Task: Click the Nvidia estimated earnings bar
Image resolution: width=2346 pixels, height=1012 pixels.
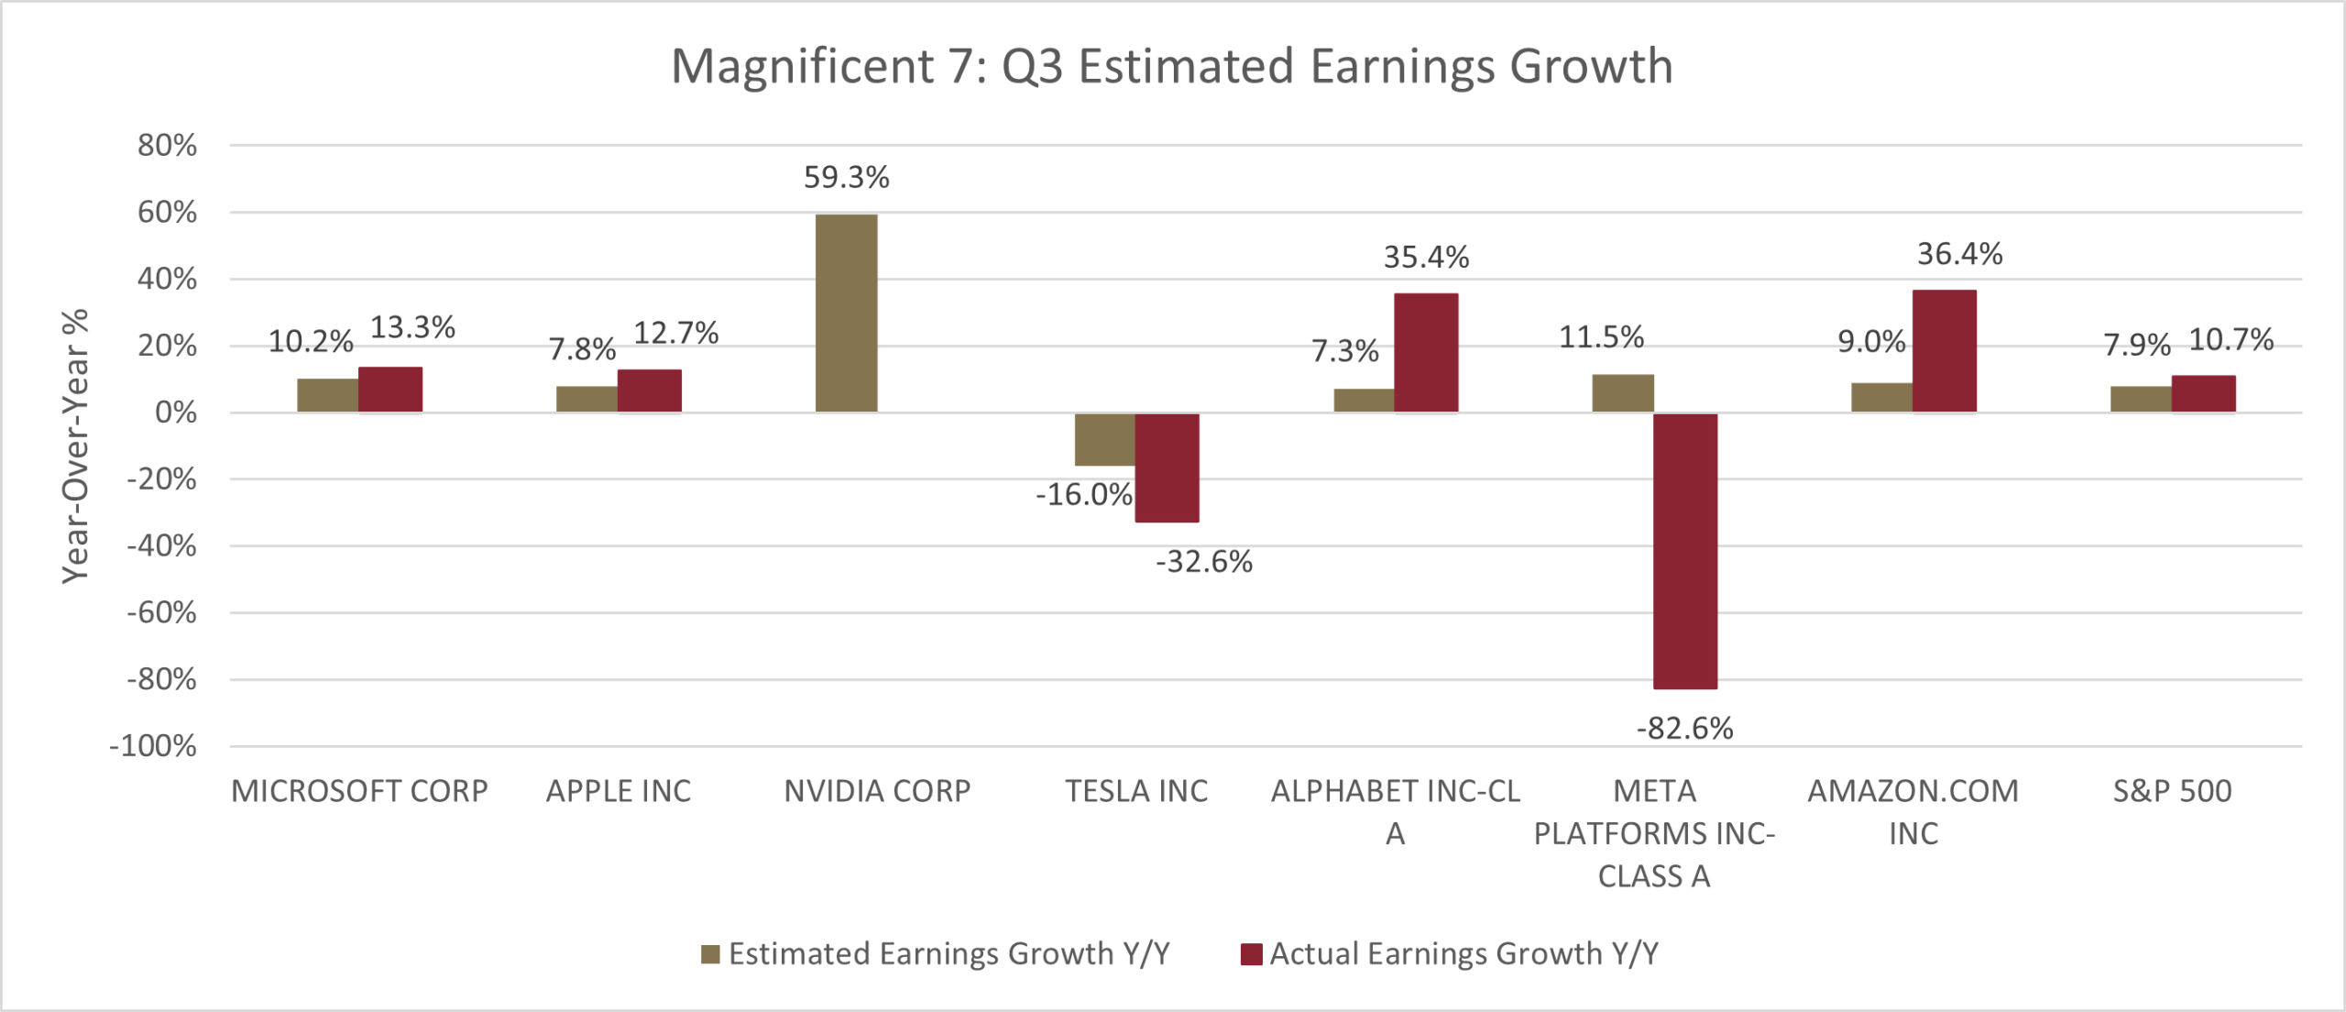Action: [x=846, y=313]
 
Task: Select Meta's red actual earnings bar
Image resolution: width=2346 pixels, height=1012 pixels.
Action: [x=1684, y=550]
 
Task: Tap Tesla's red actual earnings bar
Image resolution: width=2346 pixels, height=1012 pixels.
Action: [x=1167, y=467]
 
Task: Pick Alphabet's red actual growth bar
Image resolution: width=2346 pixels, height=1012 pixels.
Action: [x=1426, y=353]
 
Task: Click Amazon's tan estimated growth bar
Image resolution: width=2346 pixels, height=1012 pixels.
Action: [x=1881, y=397]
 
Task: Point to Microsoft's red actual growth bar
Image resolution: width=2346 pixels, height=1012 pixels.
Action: [x=390, y=390]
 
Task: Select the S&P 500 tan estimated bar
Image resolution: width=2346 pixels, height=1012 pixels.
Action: [x=2141, y=399]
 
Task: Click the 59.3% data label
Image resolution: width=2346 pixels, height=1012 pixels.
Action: [x=846, y=177]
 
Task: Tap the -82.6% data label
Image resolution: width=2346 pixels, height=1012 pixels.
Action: [x=1684, y=729]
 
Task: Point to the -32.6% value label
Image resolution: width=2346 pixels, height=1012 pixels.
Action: [x=1203, y=561]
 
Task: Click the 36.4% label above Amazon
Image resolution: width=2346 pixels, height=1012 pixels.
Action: [x=1959, y=254]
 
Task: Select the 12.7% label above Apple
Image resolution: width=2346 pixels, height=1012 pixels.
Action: [x=675, y=333]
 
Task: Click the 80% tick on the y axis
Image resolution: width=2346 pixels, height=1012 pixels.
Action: [x=167, y=145]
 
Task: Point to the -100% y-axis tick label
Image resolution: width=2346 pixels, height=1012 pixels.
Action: [x=153, y=746]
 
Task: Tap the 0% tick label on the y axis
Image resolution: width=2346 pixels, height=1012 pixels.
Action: [x=175, y=412]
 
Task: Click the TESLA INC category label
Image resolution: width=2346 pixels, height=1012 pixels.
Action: [x=1136, y=791]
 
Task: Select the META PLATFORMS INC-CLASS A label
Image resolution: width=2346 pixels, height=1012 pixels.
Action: [x=1654, y=833]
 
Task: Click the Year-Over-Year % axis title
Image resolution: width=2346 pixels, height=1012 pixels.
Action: [x=75, y=445]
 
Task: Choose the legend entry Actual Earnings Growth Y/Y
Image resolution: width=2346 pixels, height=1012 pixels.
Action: [x=1450, y=954]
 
